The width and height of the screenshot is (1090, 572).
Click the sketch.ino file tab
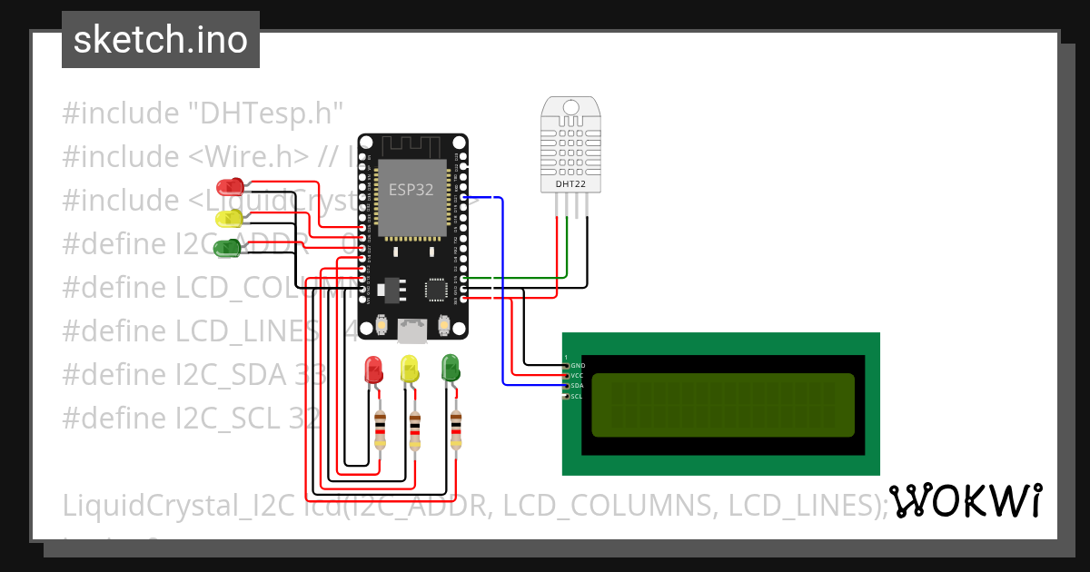[161, 40]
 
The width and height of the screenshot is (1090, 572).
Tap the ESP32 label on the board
[411, 190]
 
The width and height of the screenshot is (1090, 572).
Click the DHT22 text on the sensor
[570, 184]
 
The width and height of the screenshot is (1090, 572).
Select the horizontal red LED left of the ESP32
[232, 187]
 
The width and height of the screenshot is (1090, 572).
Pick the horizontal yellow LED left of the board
[229, 218]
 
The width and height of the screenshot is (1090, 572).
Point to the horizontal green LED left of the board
[227, 247]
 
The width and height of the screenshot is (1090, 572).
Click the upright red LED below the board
[373, 370]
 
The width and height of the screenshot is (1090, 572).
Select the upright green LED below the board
[451, 368]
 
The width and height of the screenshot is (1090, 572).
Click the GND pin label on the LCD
[578, 365]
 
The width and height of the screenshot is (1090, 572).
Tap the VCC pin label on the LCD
[577, 375]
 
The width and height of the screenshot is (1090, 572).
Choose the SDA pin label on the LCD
[577, 386]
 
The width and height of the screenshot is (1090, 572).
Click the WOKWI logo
[965, 501]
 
